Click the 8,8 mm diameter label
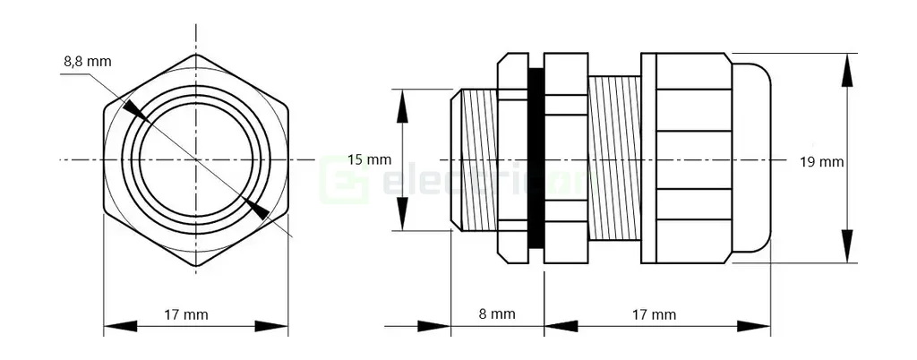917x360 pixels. (87, 62)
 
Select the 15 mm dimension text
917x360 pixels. (369, 160)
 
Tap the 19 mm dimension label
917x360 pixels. (822, 162)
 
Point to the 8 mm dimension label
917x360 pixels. (497, 314)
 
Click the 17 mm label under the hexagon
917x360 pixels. (186, 314)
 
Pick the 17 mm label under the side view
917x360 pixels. (654, 314)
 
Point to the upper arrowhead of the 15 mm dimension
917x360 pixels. (403, 104)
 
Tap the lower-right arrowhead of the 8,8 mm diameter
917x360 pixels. (257, 210)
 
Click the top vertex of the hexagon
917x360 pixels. (197, 56)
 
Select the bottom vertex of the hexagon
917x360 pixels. (197, 266)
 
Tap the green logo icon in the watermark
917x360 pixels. (345, 178)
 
